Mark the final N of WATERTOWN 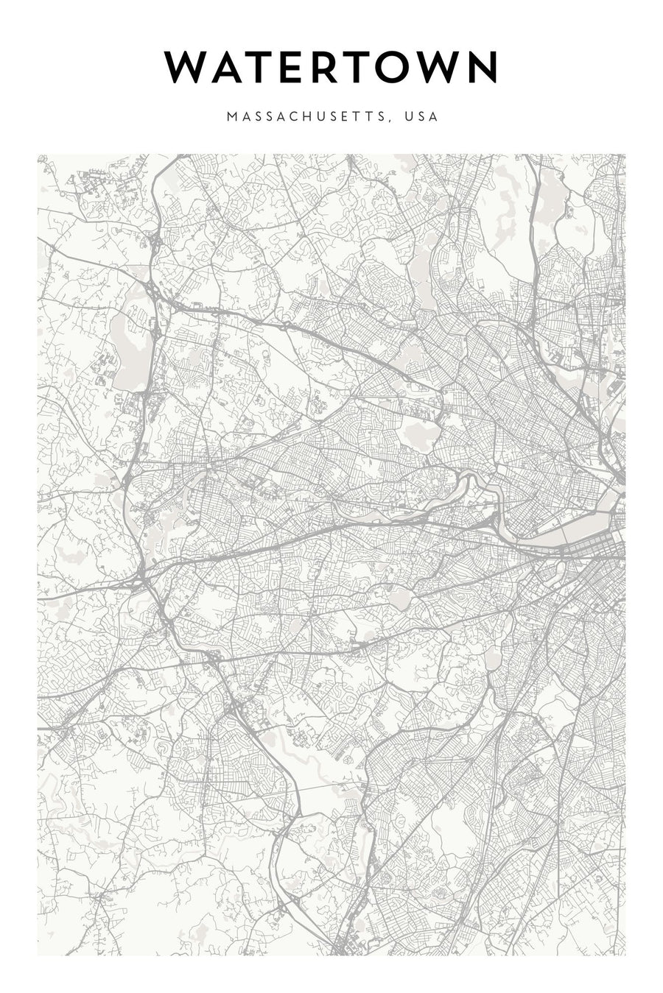(485, 68)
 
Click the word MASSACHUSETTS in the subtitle (306, 116)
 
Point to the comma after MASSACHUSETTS (390, 120)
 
